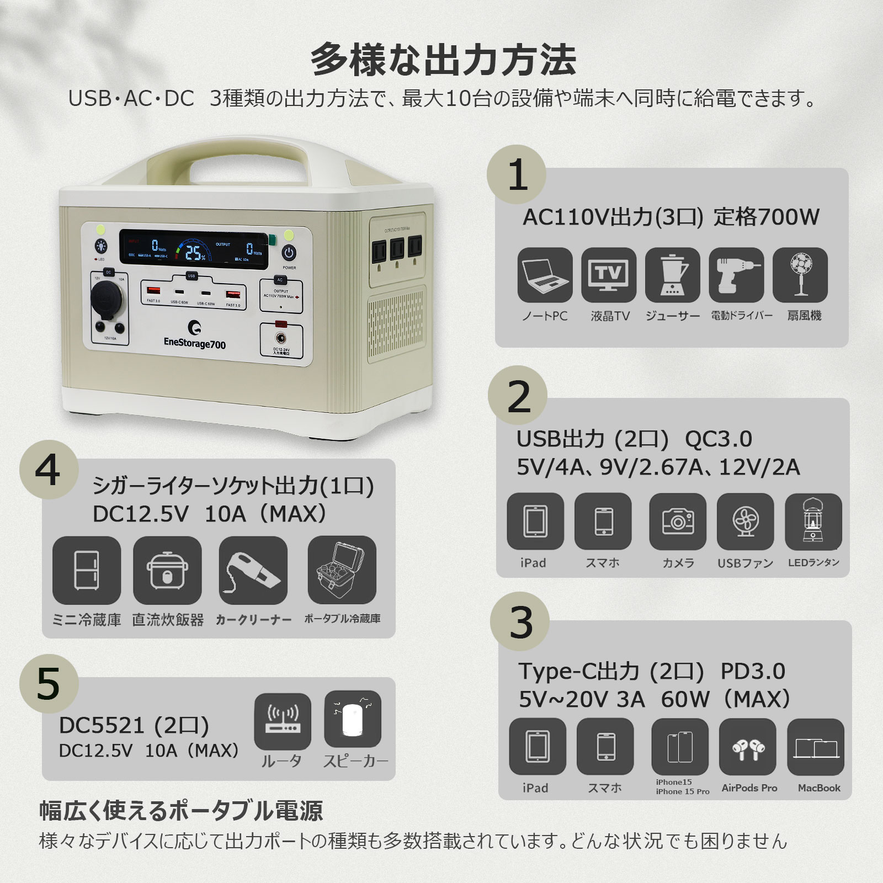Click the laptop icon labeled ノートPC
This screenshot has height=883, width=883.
[x=545, y=275]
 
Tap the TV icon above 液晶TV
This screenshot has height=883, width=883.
[x=609, y=275]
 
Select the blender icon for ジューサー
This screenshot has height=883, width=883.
[x=672, y=275]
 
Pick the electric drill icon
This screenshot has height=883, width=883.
[x=736, y=275]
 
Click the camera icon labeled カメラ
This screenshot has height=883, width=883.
[x=678, y=522]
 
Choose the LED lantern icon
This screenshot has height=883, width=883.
[x=813, y=522]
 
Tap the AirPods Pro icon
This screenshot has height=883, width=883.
[x=748, y=747]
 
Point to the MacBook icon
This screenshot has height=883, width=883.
[x=816, y=747]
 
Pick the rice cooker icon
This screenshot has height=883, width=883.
[x=167, y=570]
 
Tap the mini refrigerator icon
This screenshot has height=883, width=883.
[x=87, y=570]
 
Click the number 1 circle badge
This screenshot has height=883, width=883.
[x=517, y=175]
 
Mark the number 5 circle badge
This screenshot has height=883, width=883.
[x=49, y=684]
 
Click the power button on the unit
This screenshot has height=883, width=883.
[x=289, y=253]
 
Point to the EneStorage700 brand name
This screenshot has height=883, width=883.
[x=195, y=343]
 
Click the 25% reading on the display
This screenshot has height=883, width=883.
[x=195, y=253]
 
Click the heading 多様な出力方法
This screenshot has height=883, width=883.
[x=443, y=60]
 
